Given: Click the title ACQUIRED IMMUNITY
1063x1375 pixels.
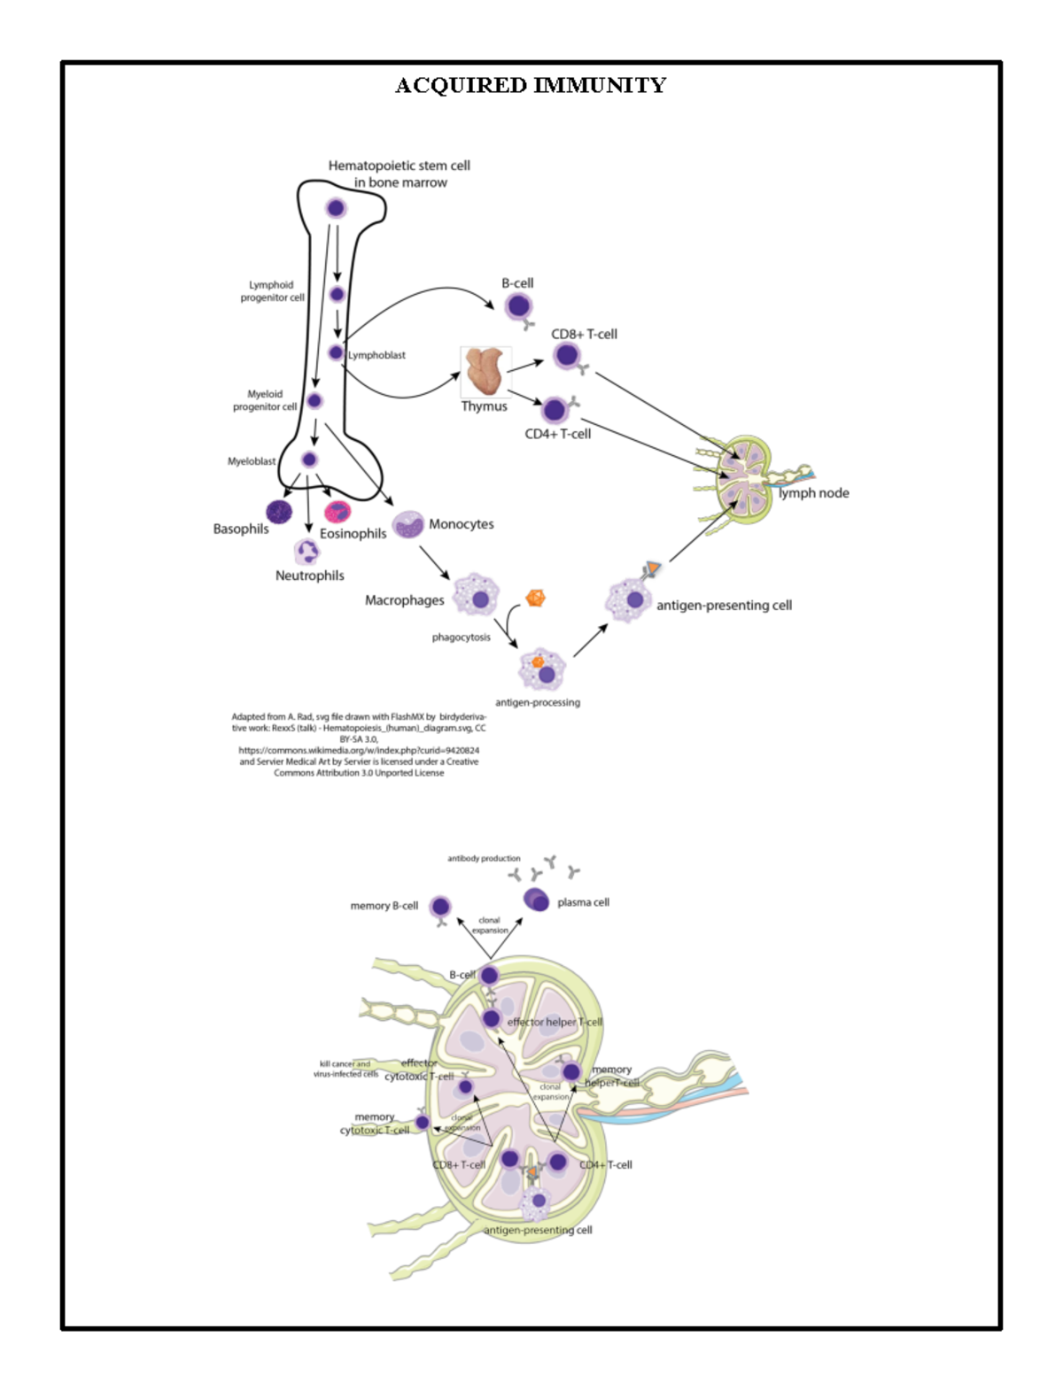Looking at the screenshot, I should [530, 86].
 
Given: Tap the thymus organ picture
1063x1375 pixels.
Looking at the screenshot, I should [485, 371].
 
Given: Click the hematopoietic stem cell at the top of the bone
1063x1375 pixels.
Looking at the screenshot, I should [336, 208].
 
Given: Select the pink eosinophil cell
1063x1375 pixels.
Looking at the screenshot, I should [338, 512].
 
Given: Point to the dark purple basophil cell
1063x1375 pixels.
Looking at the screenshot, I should [279, 511].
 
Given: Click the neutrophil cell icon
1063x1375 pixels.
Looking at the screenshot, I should [307, 552].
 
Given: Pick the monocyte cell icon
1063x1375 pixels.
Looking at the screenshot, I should [408, 524].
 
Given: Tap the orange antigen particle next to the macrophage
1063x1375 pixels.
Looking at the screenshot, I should [535, 598].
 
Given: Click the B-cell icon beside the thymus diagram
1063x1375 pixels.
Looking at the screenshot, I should [518, 307].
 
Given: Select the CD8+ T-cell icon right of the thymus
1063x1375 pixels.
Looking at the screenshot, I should [567, 356].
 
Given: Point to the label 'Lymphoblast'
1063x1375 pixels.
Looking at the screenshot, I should [376, 355].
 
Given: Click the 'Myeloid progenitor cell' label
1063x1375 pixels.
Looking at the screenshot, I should [265, 400].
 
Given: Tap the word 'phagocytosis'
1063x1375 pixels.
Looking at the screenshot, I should [461, 637].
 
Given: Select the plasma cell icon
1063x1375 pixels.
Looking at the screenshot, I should [537, 900].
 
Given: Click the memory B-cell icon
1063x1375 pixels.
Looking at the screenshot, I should [440, 907].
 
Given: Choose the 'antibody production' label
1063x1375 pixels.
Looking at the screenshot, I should [484, 858].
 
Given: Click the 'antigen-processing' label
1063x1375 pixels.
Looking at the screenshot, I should [538, 702].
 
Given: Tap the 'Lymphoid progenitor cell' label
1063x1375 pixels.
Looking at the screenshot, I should [272, 291].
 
